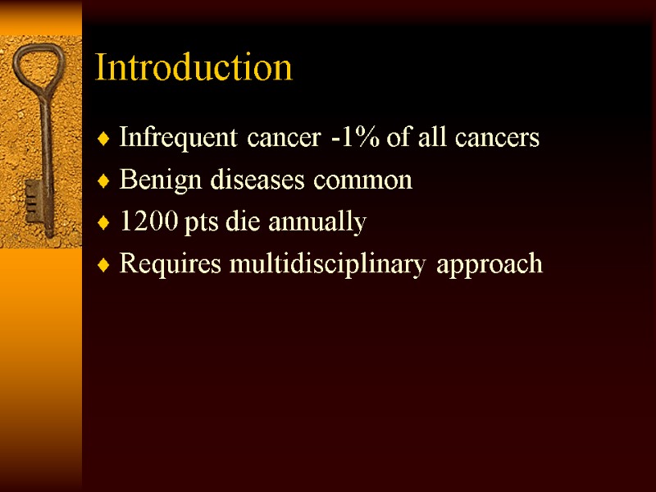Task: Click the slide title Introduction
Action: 194,67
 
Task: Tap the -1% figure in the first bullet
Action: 354,138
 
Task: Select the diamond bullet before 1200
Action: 102,224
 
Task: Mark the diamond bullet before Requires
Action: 102,266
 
